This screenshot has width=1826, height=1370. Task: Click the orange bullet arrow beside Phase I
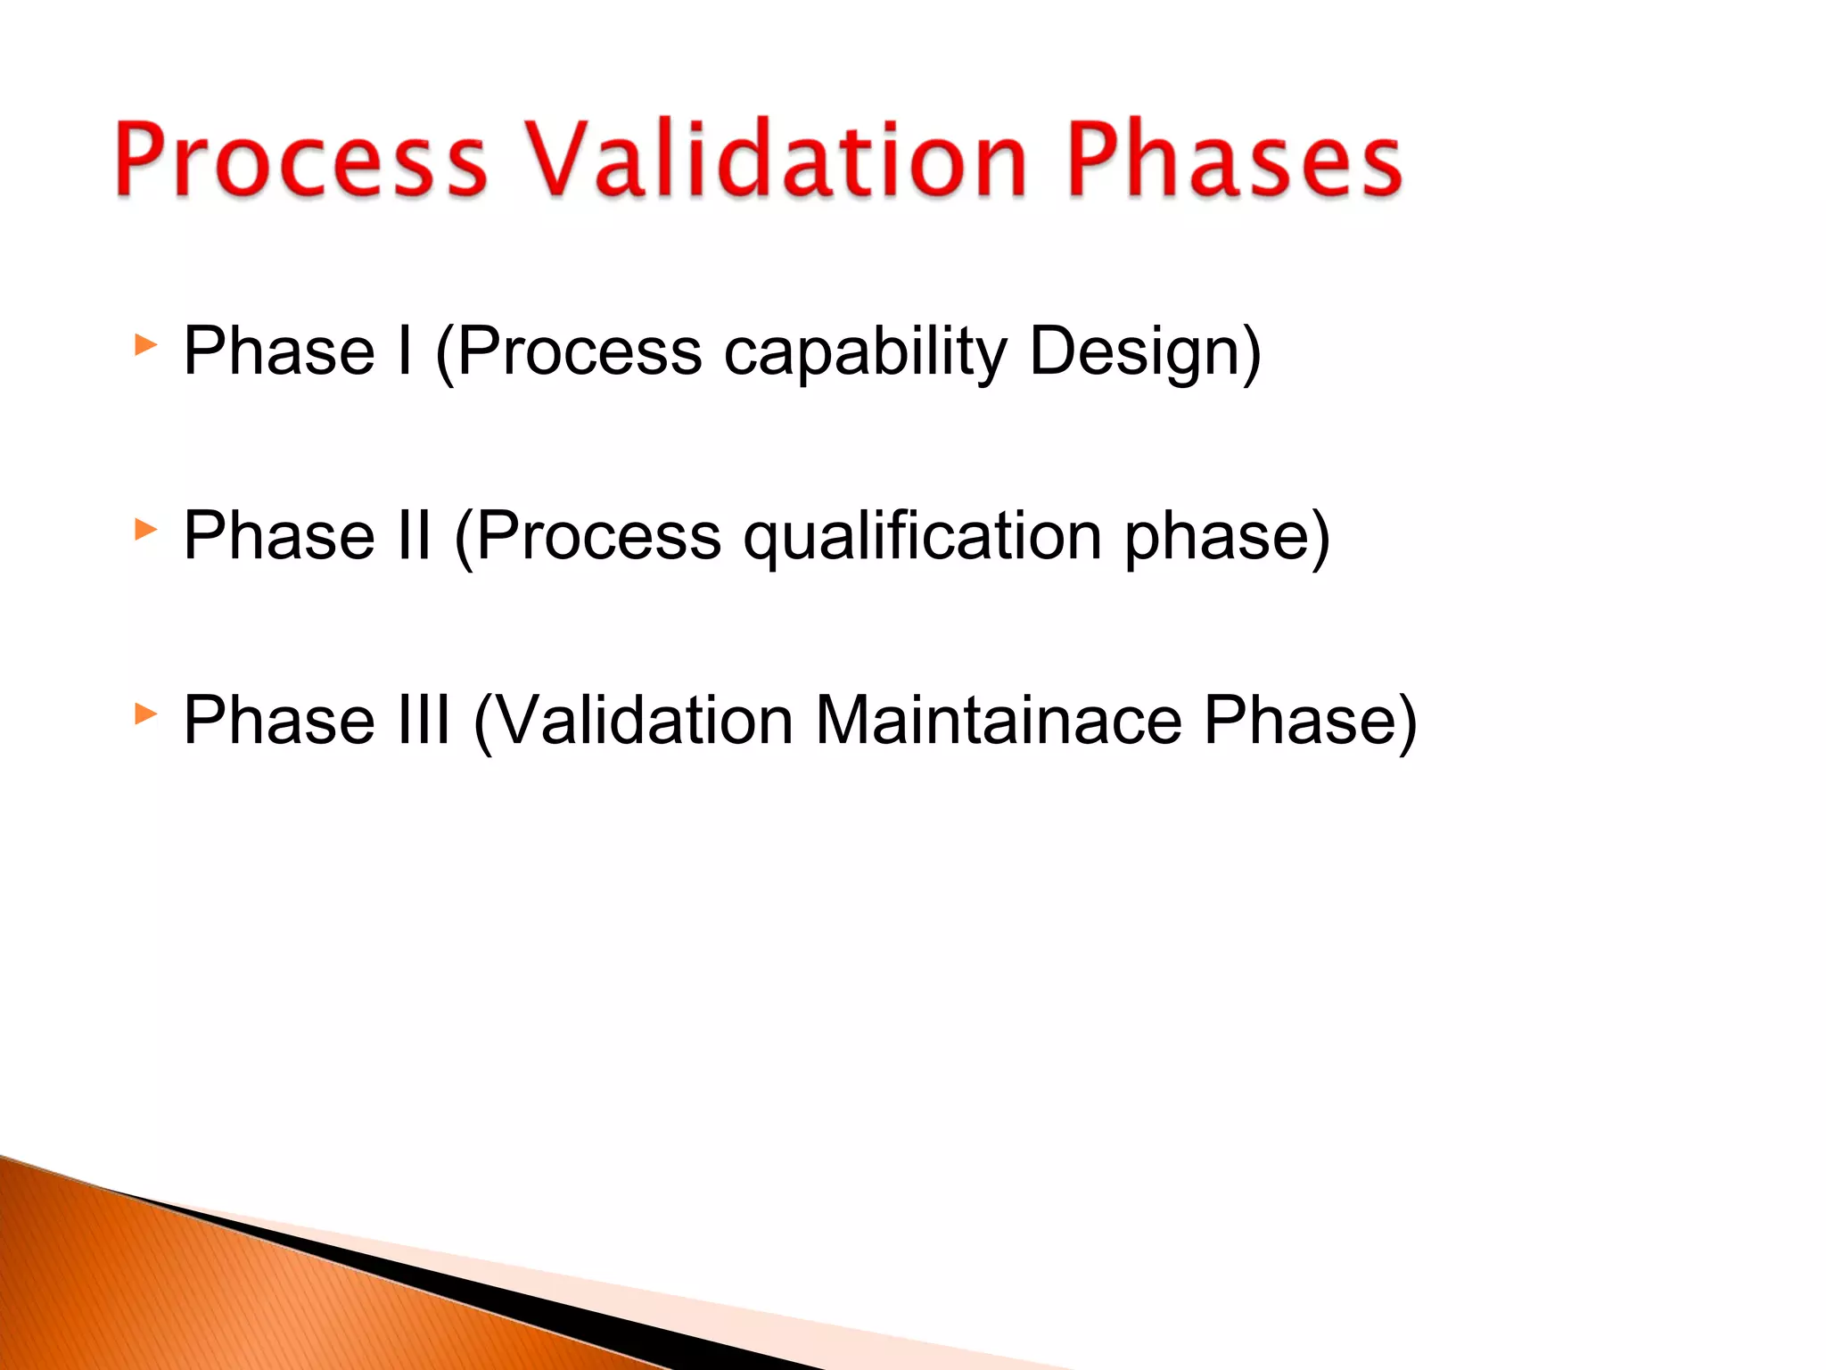point(145,345)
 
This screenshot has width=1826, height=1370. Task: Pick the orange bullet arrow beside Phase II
point(145,530)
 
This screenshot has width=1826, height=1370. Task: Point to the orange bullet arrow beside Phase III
point(145,714)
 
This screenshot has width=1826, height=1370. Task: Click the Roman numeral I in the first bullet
point(405,351)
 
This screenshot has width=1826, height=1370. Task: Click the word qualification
point(923,537)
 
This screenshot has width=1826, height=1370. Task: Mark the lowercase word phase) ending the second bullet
point(1227,537)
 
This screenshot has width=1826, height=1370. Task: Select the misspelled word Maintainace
point(999,720)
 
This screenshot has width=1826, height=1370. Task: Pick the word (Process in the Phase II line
point(588,537)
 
